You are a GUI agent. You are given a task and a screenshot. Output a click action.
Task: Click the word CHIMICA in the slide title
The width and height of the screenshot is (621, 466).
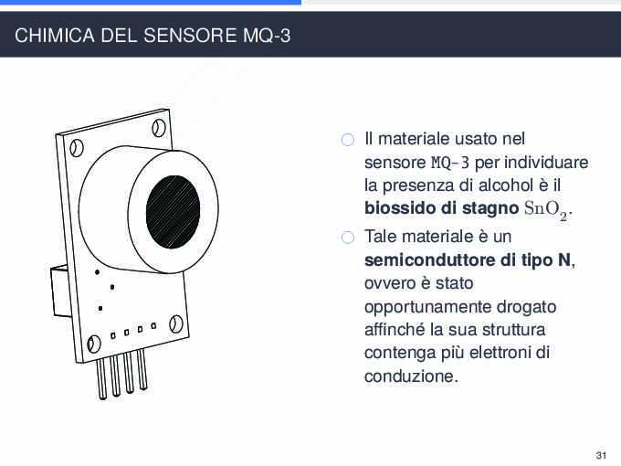[x=55, y=36]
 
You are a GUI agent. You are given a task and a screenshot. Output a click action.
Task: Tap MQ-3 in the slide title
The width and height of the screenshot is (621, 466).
[x=267, y=36]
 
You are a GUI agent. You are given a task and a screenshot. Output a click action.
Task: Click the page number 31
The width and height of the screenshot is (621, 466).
[x=601, y=455]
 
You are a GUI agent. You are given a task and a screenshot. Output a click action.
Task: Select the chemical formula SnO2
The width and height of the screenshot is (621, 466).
[x=546, y=209]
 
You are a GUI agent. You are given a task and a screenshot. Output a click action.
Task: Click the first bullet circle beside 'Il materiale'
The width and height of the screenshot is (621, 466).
[x=348, y=140]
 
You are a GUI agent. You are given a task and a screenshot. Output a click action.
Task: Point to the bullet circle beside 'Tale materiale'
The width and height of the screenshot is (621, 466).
[x=348, y=238]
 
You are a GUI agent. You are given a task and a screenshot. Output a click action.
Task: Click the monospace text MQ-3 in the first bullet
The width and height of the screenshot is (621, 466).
[x=450, y=163]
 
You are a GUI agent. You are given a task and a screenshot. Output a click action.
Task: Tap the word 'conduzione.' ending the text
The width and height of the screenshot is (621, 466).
[x=411, y=376]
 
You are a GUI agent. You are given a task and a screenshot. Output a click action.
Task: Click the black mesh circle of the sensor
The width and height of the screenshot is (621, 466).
[x=173, y=212]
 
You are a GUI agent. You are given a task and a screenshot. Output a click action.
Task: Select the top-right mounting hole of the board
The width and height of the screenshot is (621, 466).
[x=159, y=128]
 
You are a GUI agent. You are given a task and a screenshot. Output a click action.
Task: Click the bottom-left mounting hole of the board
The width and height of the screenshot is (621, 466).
[x=94, y=344]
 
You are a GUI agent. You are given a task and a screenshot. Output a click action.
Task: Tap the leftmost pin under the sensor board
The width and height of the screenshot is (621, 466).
[x=101, y=378]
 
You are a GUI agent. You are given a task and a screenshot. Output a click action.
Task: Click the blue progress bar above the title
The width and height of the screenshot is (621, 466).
[x=151, y=2]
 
